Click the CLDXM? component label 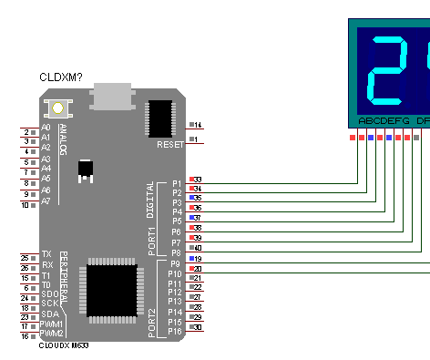(61, 78)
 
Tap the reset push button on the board (58, 108)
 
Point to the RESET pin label (170, 145)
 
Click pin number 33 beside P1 (198, 180)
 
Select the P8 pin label (176, 252)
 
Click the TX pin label (46, 253)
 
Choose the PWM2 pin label (51, 335)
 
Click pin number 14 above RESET (197, 125)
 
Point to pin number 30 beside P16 (198, 326)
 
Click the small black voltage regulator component (86, 170)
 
